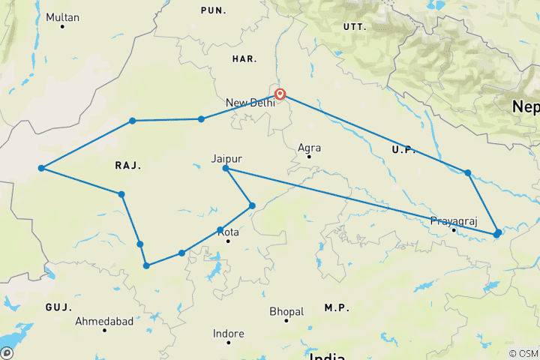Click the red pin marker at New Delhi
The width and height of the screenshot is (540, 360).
tap(280, 94)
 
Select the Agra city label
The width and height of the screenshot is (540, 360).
tap(309, 148)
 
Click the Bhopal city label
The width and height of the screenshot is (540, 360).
tap(288, 311)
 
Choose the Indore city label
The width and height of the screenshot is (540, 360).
tap(228, 334)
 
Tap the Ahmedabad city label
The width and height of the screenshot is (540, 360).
tap(104, 321)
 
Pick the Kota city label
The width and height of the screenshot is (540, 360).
tap(228, 232)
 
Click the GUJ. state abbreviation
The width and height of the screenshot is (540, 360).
tap(58, 307)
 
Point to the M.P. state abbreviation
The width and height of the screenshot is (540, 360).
tap(337, 308)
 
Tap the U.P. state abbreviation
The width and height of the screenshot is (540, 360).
tap(403, 151)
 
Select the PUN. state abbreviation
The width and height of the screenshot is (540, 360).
tap(213, 10)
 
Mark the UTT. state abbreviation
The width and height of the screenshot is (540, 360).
tap(353, 26)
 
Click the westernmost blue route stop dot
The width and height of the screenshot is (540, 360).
tap(42, 168)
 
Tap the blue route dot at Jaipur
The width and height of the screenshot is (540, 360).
tap(226, 168)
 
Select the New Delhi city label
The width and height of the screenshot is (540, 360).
tap(250, 102)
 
